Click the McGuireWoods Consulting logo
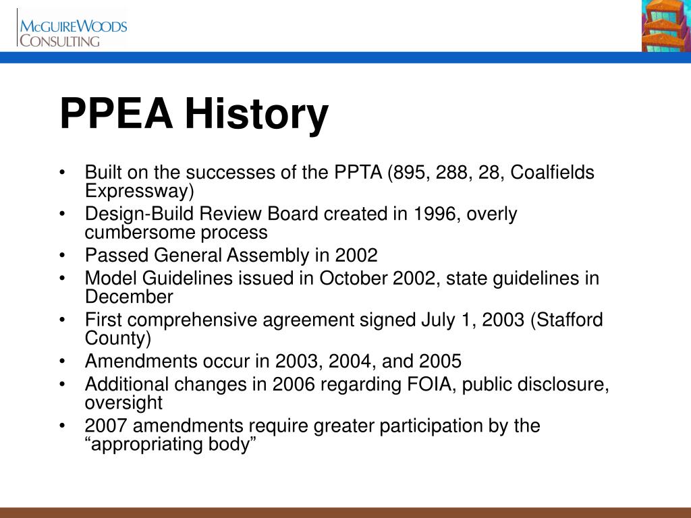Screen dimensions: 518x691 (x=72, y=32)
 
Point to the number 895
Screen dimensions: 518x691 (x=409, y=173)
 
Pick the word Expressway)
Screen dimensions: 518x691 (x=139, y=191)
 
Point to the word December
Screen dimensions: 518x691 (x=129, y=297)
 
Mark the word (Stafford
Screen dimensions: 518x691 (x=566, y=320)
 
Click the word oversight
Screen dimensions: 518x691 (x=123, y=403)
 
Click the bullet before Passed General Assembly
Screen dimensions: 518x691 (x=63, y=256)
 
